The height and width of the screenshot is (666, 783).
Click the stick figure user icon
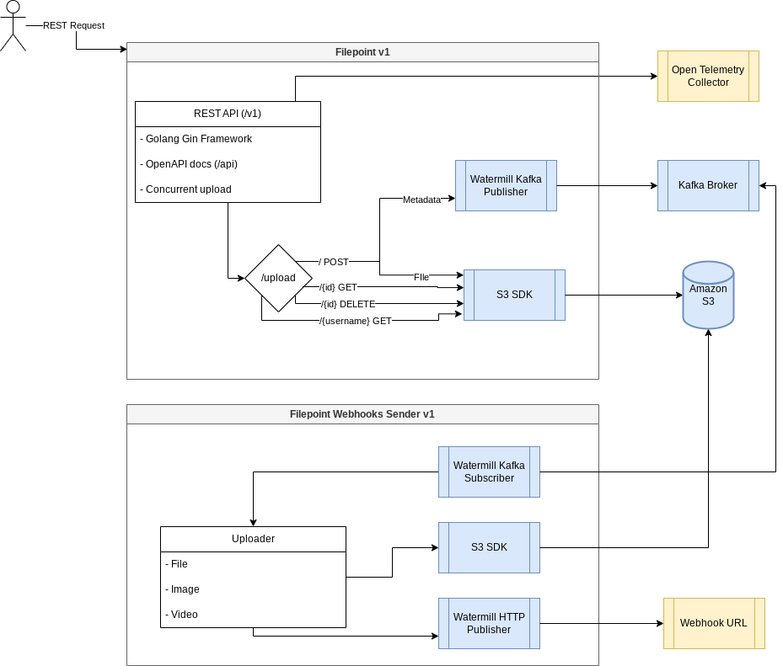point(13,26)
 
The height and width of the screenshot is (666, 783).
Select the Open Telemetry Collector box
point(708,76)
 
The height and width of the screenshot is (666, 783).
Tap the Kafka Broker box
point(708,185)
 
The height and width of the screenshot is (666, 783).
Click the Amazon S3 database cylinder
point(708,296)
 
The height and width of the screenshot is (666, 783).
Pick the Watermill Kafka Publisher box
point(506,185)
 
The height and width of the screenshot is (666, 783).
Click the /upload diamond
point(278,278)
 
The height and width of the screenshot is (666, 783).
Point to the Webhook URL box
point(713,623)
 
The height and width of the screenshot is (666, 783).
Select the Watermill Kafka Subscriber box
point(489,472)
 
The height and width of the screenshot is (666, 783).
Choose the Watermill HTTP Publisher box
point(489,623)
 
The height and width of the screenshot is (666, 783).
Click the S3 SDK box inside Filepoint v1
point(514,295)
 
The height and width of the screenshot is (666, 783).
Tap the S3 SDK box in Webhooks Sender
point(489,547)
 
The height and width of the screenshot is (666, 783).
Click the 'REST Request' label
point(73,25)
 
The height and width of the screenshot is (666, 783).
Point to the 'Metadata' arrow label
point(421,200)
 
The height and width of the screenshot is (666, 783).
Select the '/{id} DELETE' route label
point(347,303)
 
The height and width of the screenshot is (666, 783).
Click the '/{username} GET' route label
point(355,321)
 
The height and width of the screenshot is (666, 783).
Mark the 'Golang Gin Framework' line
point(198,139)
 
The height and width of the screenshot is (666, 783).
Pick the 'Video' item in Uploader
point(183,615)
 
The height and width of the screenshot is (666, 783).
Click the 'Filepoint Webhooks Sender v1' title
point(362,413)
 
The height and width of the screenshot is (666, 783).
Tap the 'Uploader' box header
point(253,539)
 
